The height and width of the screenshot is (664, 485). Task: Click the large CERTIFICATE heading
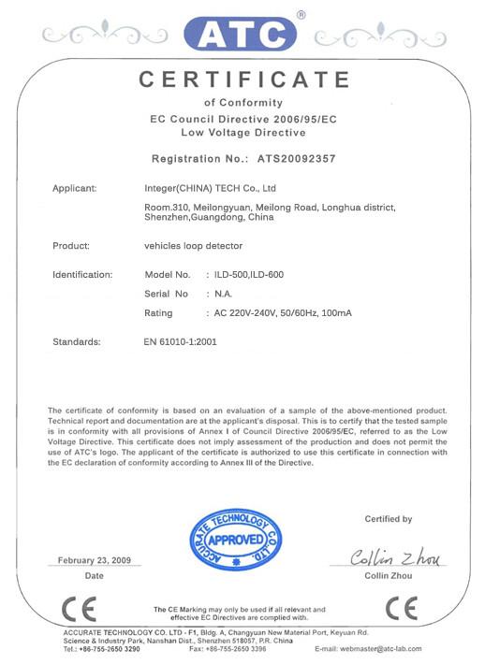[x=243, y=80]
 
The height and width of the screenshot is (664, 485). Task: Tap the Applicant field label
[x=74, y=189]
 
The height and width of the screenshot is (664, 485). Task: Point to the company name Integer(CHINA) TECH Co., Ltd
[x=205, y=189]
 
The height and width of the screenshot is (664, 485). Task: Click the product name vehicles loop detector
[x=191, y=247]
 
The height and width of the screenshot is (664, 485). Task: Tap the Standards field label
[x=76, y=342]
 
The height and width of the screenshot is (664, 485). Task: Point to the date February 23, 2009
[x=95, y=560]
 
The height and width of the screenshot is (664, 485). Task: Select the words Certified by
[x=388, y=519]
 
